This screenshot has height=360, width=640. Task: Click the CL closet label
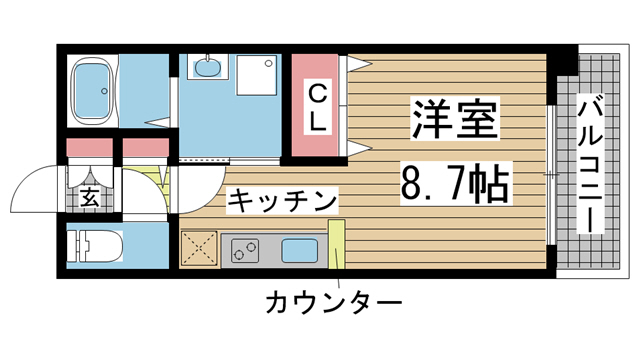click(x=315, y=108)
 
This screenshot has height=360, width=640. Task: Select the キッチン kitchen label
click(x=281, y=201)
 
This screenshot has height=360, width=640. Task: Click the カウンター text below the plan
click(x=334, y=300)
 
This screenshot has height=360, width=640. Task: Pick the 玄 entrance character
click(x=89, y=196)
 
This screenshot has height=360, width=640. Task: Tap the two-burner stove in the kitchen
click(x=245, y=248)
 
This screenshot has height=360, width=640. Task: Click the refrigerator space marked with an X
click(x=199, y=248)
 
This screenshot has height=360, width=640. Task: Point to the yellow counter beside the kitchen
click(x=337, y=245)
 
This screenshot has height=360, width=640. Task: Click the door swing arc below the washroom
click(x=200, y=180)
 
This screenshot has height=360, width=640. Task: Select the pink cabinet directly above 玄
click(x=89, y=149)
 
